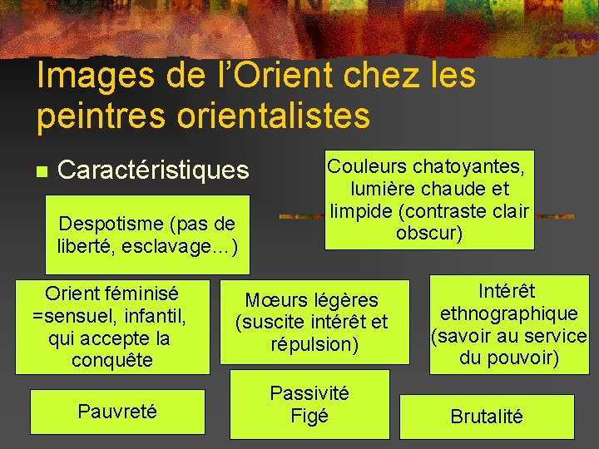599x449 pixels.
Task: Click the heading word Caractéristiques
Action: [x=153, y=170]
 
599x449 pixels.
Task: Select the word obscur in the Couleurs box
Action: [x=429, y=233]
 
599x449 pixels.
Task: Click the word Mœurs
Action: [x=278, y=299]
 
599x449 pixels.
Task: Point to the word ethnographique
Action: [x=509, y=313]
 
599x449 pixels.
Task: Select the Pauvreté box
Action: [x=116, y=411]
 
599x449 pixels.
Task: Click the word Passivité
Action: [x=309, y=392]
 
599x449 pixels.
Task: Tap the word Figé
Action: [x=309, y=415]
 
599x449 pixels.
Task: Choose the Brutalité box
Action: [x=487, y=417]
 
